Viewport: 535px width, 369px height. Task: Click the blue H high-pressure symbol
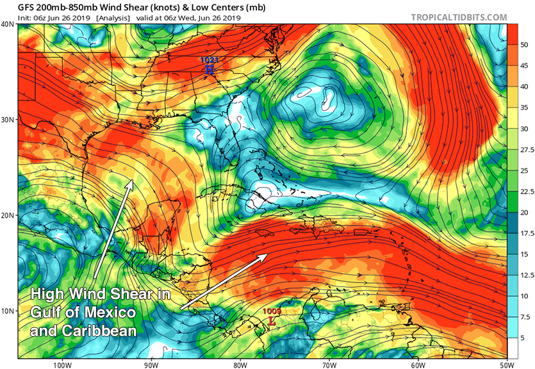tap(210, 69)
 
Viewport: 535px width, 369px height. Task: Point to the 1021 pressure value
tap(210, 60)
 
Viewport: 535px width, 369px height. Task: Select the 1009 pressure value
tap(272, 311)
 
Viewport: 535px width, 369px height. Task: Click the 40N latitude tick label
tap(8, 24)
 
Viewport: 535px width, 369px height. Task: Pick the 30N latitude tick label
tap(8, 120)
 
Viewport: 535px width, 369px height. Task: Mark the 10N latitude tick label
tap(8, 311)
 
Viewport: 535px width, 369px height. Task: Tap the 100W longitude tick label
tap(62, 363)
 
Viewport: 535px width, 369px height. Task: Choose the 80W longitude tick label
tap(241, 363)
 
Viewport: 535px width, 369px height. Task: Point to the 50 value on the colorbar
tap(523, 45)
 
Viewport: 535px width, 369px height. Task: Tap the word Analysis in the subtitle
tap(111, 17)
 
